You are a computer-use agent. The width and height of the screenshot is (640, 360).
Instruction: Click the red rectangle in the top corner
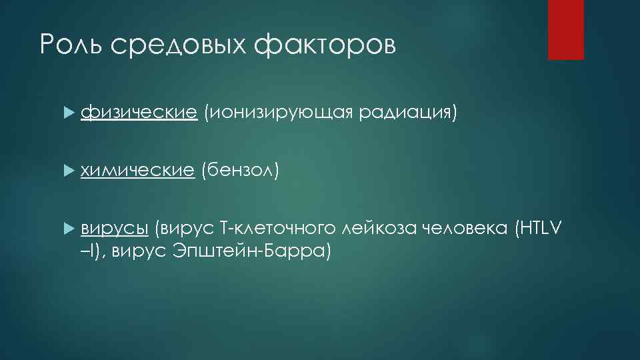coord(565,29)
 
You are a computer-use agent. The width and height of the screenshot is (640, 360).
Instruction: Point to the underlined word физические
coord(139,114)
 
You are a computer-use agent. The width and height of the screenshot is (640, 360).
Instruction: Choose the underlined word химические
coord(137,171)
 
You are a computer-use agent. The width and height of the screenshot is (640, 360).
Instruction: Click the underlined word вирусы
coord(114,229)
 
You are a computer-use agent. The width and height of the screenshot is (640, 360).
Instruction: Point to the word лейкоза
coord(377,229)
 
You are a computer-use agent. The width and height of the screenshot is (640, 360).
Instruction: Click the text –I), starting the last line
coord(93,251)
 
